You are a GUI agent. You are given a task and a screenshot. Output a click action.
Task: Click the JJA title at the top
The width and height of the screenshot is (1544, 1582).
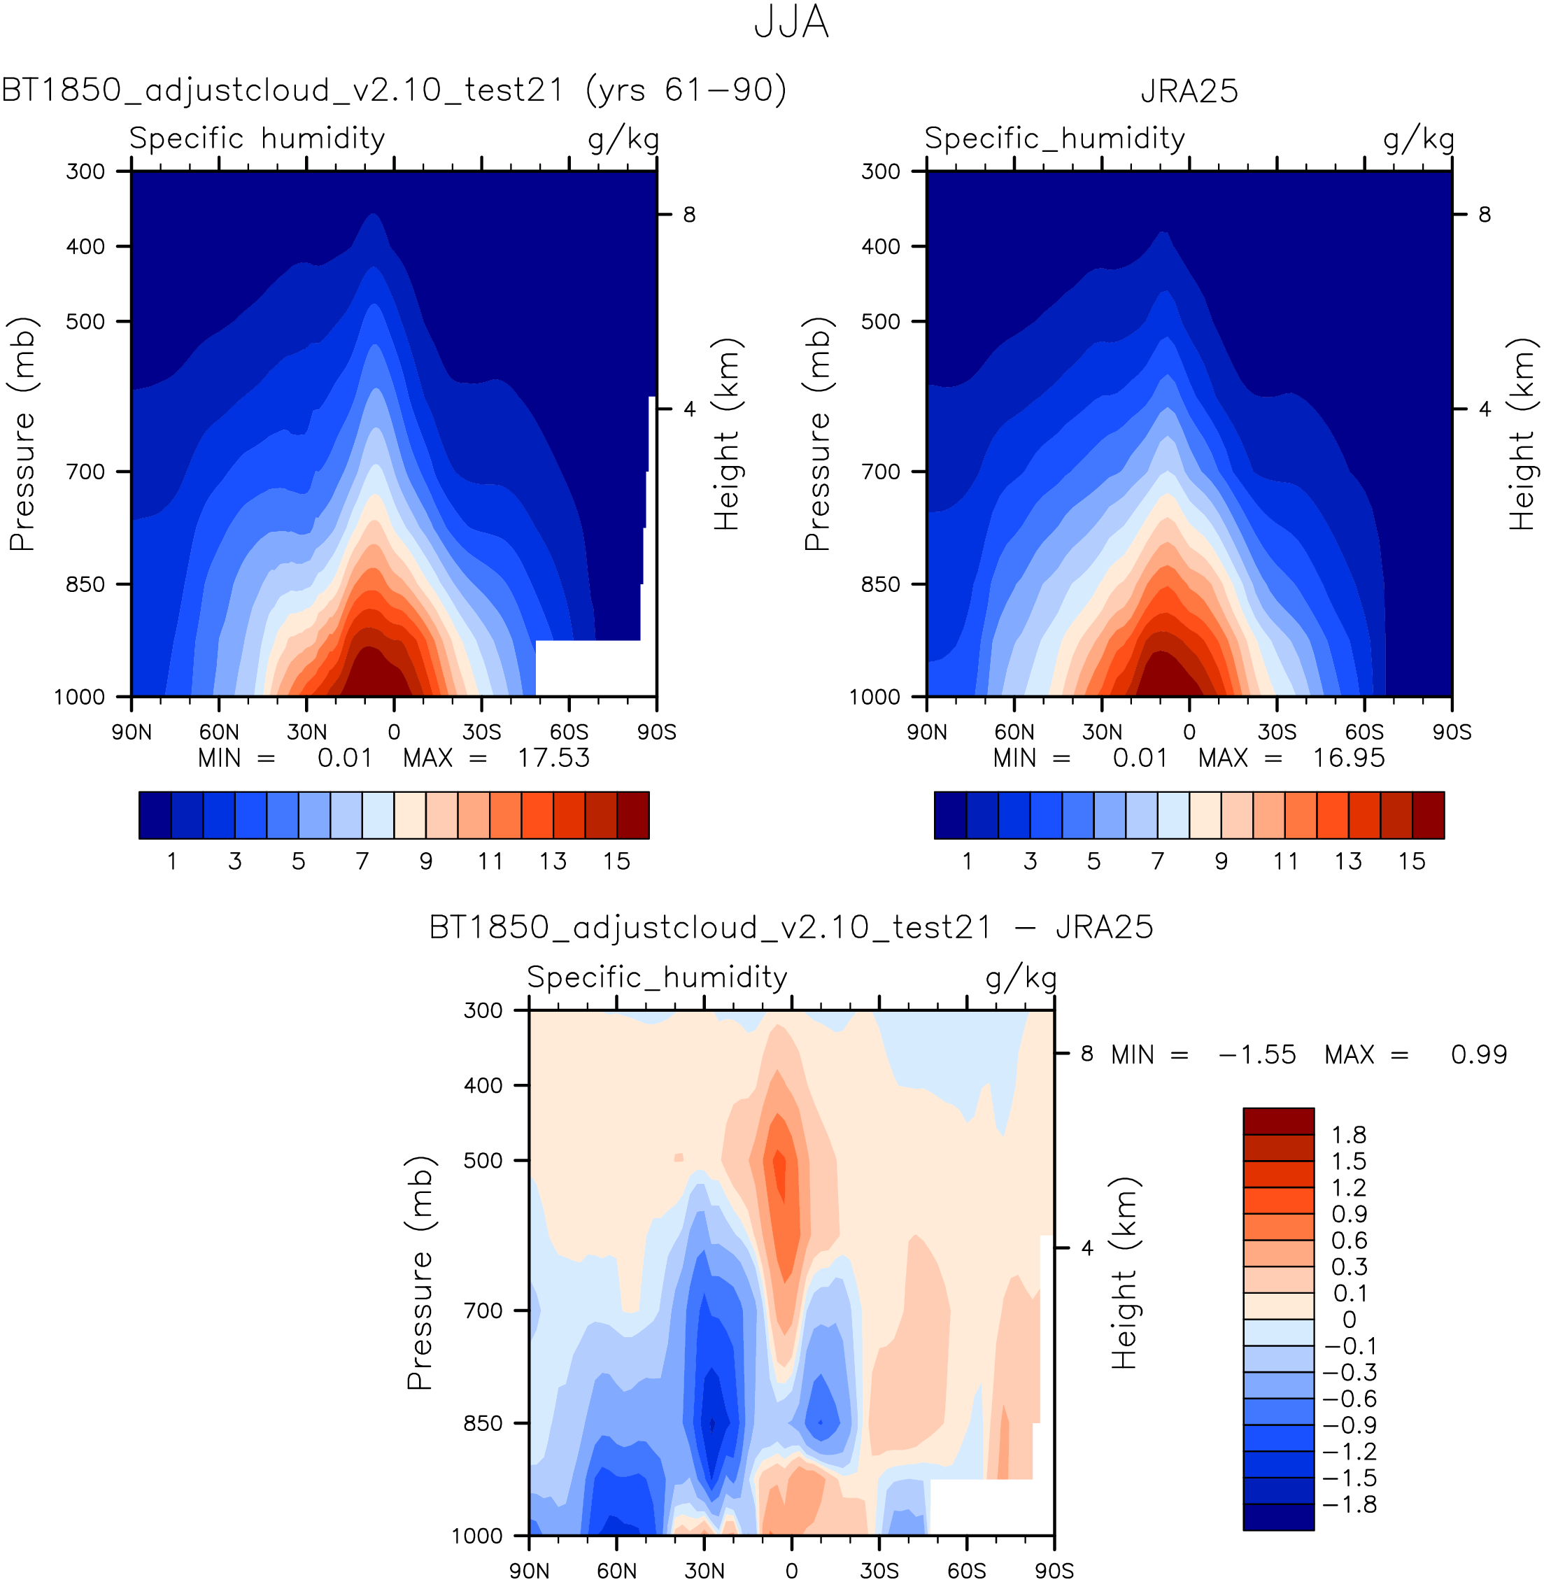[791, 22]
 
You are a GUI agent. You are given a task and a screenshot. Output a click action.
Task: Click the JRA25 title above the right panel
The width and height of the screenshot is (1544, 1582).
[1189, 91]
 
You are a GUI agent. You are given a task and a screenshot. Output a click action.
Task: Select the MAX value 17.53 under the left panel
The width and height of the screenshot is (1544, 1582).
[554, 758]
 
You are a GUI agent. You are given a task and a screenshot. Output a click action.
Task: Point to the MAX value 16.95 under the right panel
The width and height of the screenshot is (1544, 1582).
[1349, 758]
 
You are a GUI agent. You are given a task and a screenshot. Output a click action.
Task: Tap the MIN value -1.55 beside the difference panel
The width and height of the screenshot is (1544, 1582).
[1256, 1055]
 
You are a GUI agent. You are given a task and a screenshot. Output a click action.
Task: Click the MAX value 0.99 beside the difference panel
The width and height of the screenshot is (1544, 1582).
[1478, 1055]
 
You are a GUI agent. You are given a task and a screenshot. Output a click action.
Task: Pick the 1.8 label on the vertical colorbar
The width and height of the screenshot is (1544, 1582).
[1349, 1135]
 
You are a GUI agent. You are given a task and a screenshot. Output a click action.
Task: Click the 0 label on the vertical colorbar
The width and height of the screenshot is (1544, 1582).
[1349, 1320]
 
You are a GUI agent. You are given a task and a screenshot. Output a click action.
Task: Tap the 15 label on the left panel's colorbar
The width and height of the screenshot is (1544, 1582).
[616, 861]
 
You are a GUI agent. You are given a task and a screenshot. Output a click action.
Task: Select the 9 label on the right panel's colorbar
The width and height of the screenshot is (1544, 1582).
[1221, 861]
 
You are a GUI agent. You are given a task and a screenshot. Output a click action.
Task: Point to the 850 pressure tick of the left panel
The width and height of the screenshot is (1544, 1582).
[85, 584]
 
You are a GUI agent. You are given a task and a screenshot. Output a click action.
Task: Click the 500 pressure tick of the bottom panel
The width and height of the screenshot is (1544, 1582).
[483, 1160]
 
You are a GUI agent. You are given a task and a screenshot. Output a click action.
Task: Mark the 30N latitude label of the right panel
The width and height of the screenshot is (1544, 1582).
[1102, 732]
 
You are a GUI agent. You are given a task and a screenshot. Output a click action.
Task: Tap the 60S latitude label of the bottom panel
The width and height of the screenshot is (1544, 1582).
[967, 1572]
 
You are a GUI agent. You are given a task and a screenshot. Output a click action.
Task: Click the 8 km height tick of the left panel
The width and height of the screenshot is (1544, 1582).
[689, 215]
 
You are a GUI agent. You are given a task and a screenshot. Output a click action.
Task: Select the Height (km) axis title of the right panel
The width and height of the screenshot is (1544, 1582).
[1522, 434]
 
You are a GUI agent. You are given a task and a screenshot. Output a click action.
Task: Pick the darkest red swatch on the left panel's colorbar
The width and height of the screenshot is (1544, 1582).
[632, 815]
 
